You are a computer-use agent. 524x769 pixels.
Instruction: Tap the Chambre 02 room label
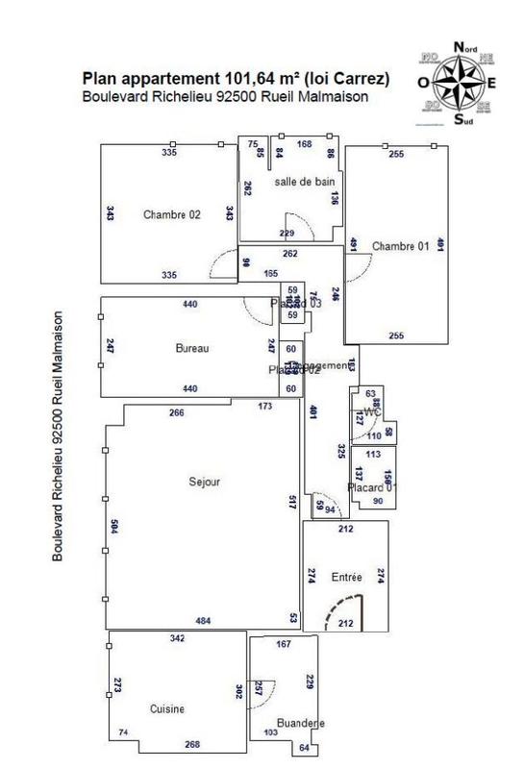[172, 214]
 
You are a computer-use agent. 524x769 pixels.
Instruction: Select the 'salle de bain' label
[304, 182]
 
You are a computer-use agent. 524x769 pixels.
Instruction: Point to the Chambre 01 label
[400, 244]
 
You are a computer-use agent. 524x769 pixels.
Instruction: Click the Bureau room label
[193, 348]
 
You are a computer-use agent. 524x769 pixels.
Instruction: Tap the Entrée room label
[346, 578]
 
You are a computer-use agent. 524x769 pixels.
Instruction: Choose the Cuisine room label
[166, 708]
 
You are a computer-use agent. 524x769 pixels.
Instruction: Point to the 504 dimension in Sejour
[113, 527]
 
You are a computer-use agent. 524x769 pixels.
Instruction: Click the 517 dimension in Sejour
[292, 502]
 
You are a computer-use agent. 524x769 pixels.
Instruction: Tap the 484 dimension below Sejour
[203, 621]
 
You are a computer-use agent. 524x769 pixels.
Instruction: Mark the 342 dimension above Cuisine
[177, 639]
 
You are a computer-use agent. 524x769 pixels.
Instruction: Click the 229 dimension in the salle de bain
[287, 234]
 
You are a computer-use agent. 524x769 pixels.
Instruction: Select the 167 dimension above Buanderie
[284, 645]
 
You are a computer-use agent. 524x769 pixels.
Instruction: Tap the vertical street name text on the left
[60, 435]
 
